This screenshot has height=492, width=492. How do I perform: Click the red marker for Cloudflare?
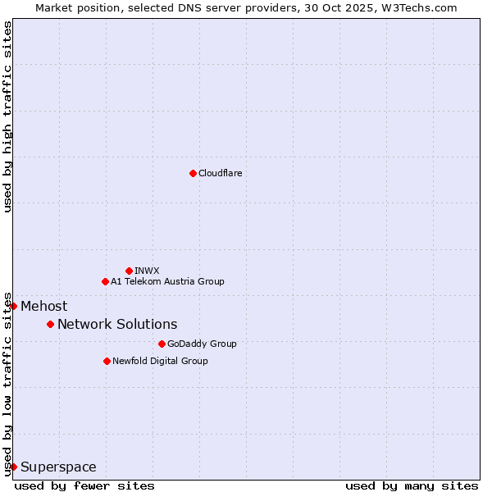tap(193, 173)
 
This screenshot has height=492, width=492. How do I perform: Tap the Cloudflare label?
tap(220, 173)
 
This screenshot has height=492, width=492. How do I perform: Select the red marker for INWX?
tap(129, 271)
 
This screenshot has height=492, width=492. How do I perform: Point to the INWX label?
tap(147, 271)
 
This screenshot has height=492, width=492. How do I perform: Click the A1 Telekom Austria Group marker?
tap(105, 281)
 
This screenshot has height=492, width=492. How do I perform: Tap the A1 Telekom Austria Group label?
tap(167, 281)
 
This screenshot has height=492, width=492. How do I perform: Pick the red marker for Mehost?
tap(13, 306)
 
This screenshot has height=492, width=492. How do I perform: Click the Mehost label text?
tap(43, 307)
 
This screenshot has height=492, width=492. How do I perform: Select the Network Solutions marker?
tap(50, 324)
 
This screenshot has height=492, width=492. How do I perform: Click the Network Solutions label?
tap(117, 324)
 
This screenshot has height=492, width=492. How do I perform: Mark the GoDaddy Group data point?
tap(162, 344)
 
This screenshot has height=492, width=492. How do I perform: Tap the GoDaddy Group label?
tap(202, 344)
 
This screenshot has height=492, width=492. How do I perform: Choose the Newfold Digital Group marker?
tap(107, 361)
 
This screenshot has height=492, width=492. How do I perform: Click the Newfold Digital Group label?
tap(160, 361)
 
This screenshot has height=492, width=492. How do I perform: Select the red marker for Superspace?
tap(13, 467)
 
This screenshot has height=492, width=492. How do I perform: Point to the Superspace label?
tap(58, 467)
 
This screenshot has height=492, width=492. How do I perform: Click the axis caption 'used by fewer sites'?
tap(84, 485)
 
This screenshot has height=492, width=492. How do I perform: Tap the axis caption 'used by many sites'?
tap(412, 485)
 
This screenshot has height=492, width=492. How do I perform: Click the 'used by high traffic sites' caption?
tap(8, 116)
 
